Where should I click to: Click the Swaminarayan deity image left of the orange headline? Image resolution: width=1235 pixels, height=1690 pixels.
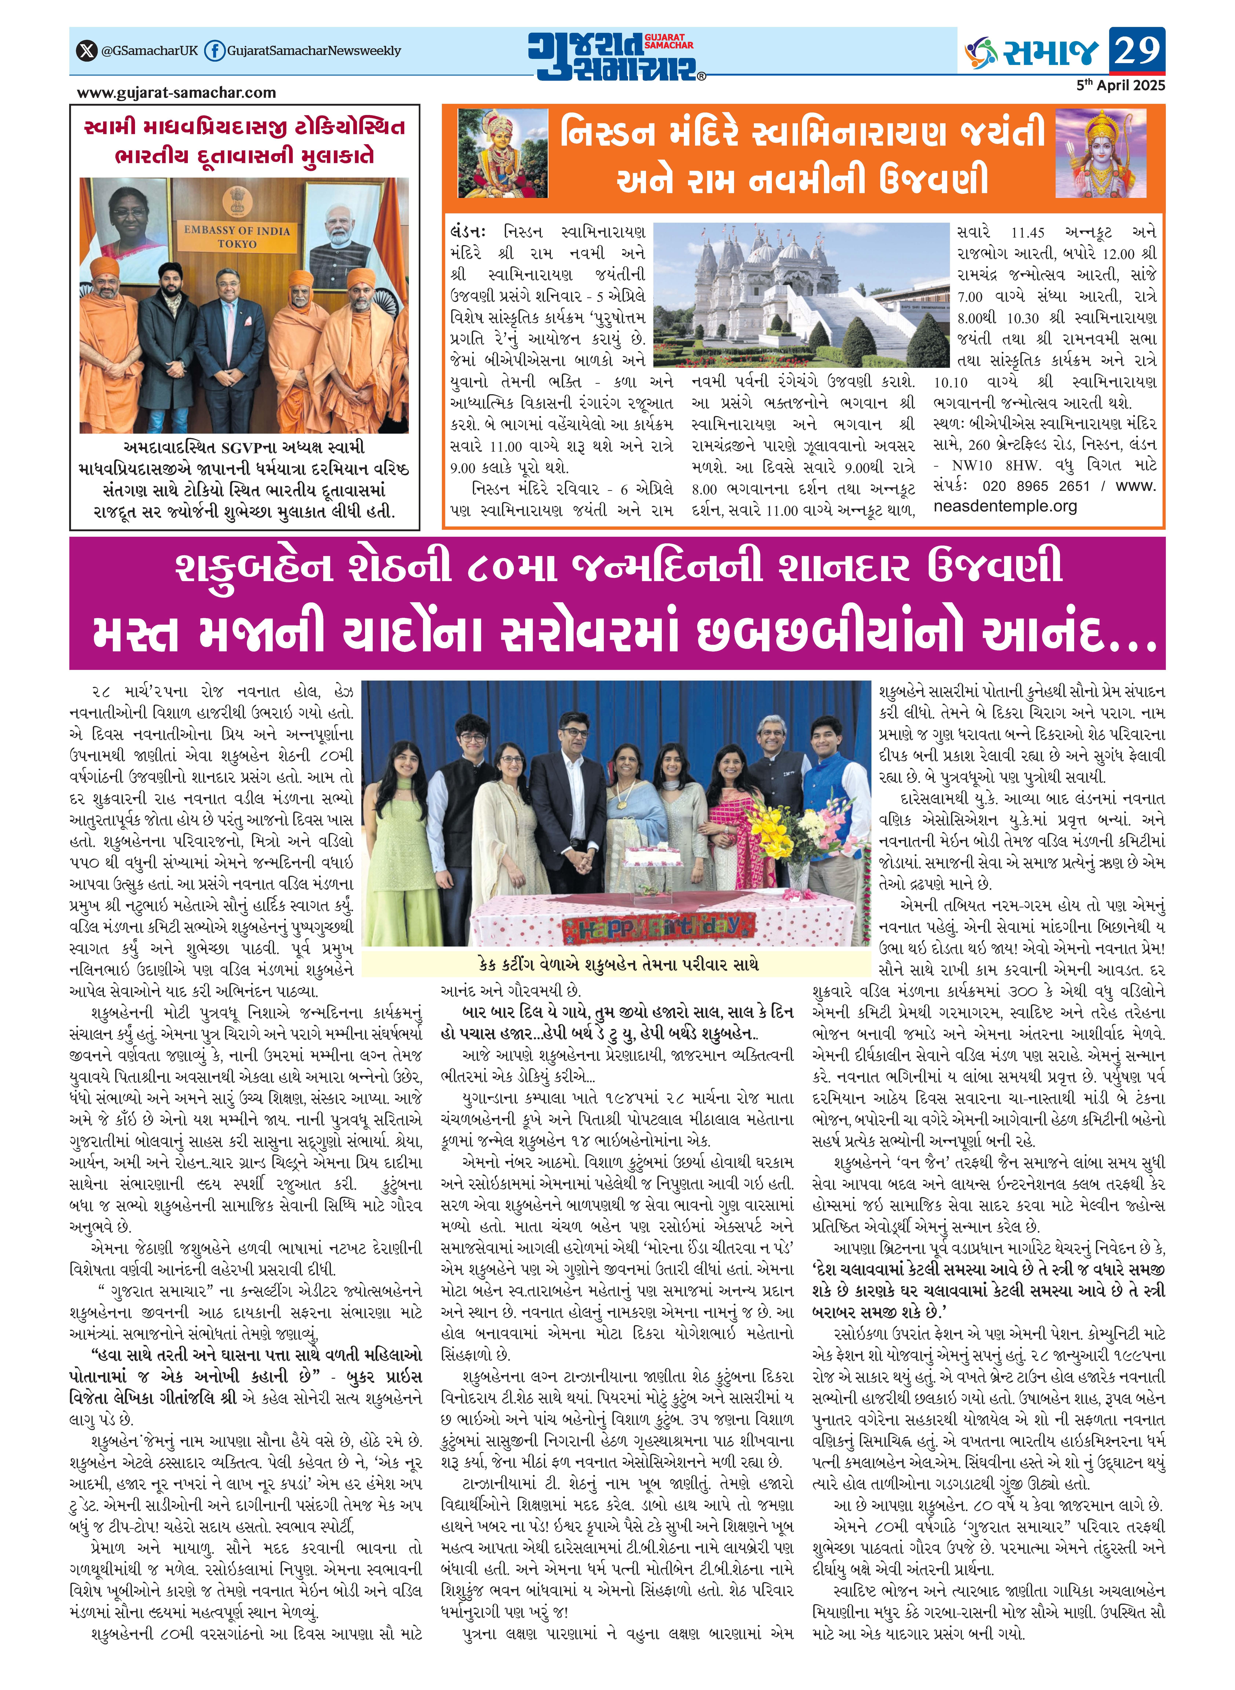[492, 153]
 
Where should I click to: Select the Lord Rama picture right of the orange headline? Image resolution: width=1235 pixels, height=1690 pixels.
[1101, 153]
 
